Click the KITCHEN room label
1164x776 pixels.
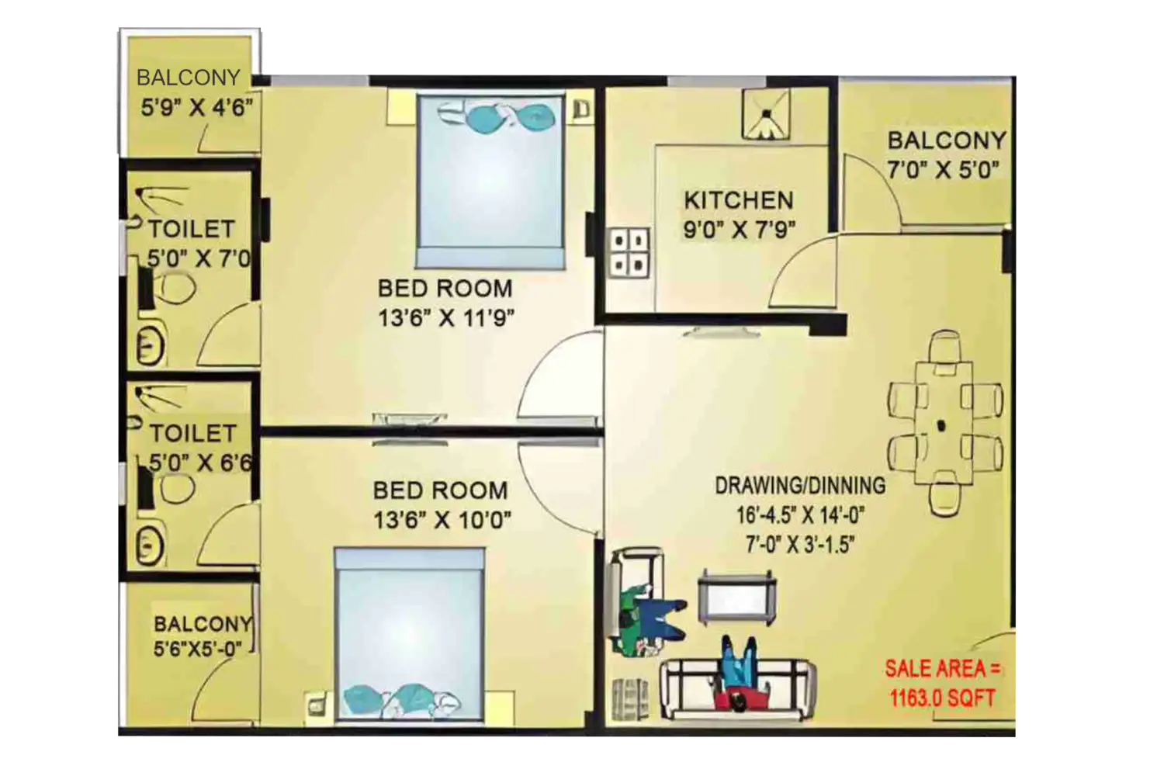pyautogui.click(x=738, y=200)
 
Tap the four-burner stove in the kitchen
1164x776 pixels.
pyautogui.click(x=629, y=252)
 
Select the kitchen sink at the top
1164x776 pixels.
pyautogui.click(x=765, y=115)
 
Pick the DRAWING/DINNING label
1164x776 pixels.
pyautogui.click(x=799, y=486)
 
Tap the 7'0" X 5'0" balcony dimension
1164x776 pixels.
pyautogui.click(x=942, y=169)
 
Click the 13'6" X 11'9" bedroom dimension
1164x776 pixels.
pyautogui.click(x=445, y=317)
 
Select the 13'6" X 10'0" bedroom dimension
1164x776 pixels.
pyautogui.click(x=442, y=520)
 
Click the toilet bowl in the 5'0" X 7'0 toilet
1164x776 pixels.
pyautogui.click(x=175, y=288)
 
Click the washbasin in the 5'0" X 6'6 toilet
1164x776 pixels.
pyautogui.click(x=150, y=544)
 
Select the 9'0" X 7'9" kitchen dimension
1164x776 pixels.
pyautogui.click(x=740, y=230)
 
